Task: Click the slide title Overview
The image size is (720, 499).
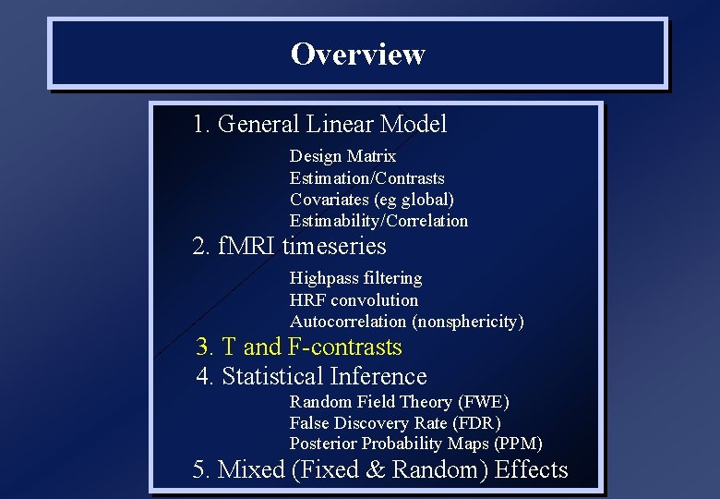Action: (x=357, y=54)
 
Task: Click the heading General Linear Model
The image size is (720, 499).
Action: (x=319, y=124)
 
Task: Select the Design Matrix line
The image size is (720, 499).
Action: (x=342, y=157)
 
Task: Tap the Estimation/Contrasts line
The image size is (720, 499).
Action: (x=366, y=178)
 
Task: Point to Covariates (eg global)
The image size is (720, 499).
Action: (x=371, y=200)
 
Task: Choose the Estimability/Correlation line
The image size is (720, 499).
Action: (x=378, y=221)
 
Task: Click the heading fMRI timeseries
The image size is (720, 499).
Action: (x=289, y=247)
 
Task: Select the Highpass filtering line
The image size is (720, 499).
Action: (x=355, y=278)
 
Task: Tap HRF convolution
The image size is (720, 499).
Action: (x=354, y=300)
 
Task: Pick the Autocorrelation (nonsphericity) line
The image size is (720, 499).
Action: (x=406, y=322)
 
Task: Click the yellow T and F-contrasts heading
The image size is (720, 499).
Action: (x=299, y=347)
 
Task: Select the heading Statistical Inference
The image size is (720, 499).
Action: (x=311, y=377)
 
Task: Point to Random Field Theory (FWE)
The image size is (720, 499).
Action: (x=399, y=402)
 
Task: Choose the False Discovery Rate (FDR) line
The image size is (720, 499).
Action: (x=395, y=423)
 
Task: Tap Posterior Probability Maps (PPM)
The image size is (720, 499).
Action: (x=415, y=444)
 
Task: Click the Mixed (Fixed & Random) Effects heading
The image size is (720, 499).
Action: (x=379, y=470)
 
